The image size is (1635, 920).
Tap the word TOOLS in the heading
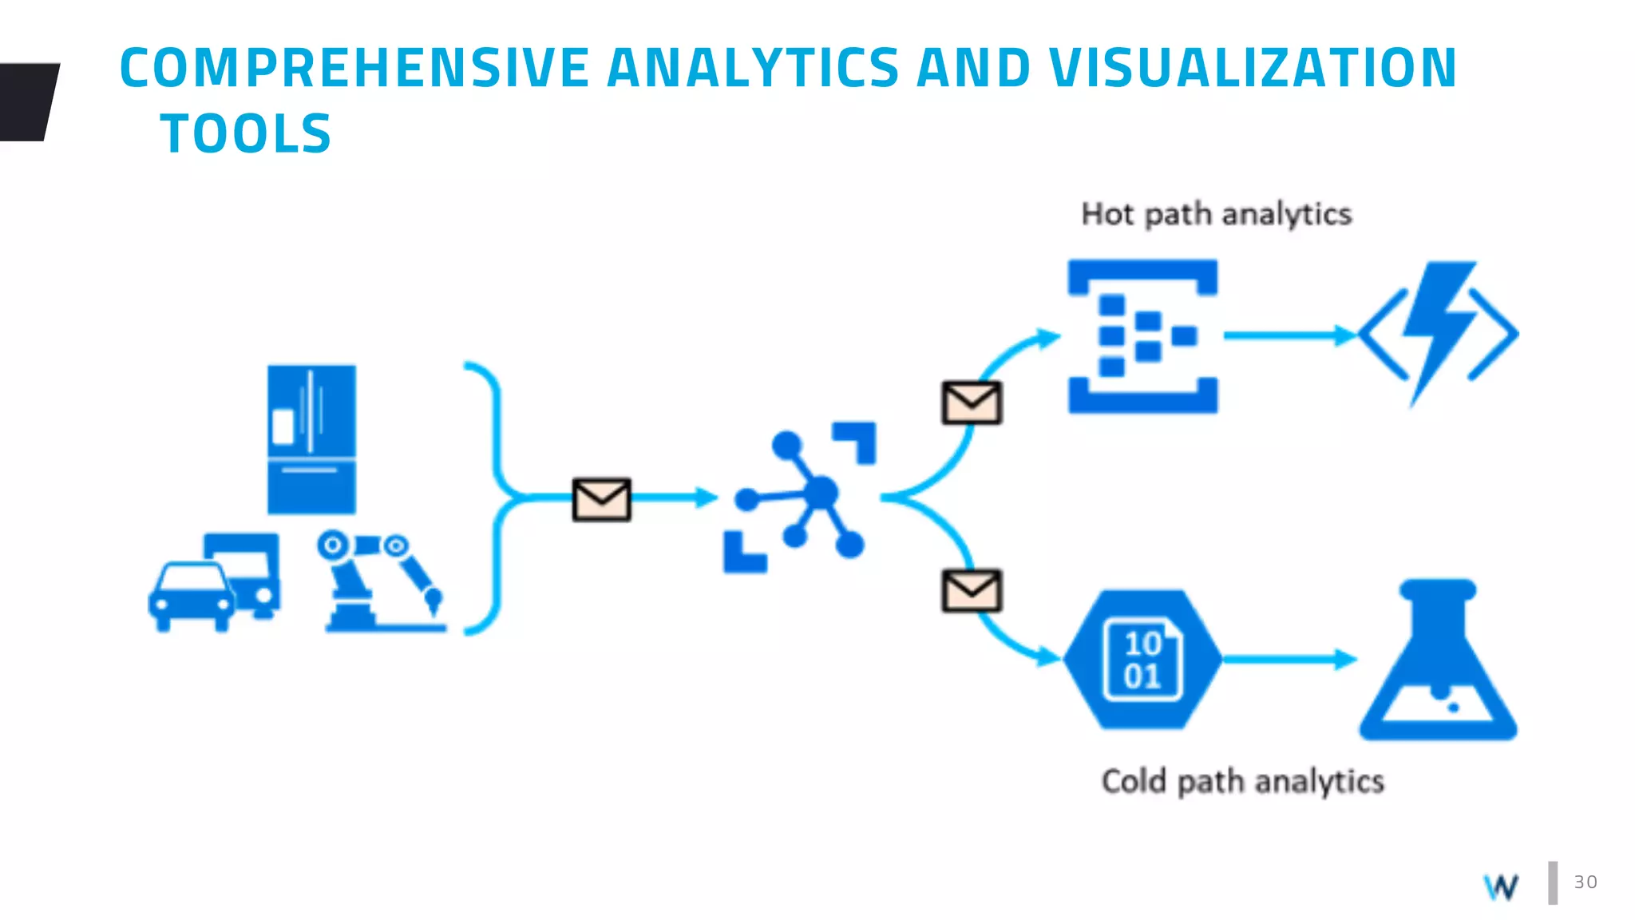tap(246, 133)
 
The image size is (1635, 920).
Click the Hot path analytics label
tap(1216, 214)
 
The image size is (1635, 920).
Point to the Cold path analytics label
tap(1242, 781)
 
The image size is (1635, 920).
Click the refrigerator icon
tap(311, 439)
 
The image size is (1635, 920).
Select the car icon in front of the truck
tap(192, 596)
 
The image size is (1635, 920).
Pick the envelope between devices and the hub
tap(602, 500)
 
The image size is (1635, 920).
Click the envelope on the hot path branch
tap(972, 402)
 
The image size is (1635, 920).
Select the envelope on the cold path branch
tap(972, 591)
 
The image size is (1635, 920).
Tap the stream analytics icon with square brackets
tap(1143, 336)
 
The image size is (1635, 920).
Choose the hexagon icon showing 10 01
tap(1142, 660)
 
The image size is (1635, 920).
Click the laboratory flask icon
tap(1438, 661)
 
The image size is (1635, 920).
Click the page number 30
tap(1586, 882)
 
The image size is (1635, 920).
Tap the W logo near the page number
tap(1502, 886)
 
